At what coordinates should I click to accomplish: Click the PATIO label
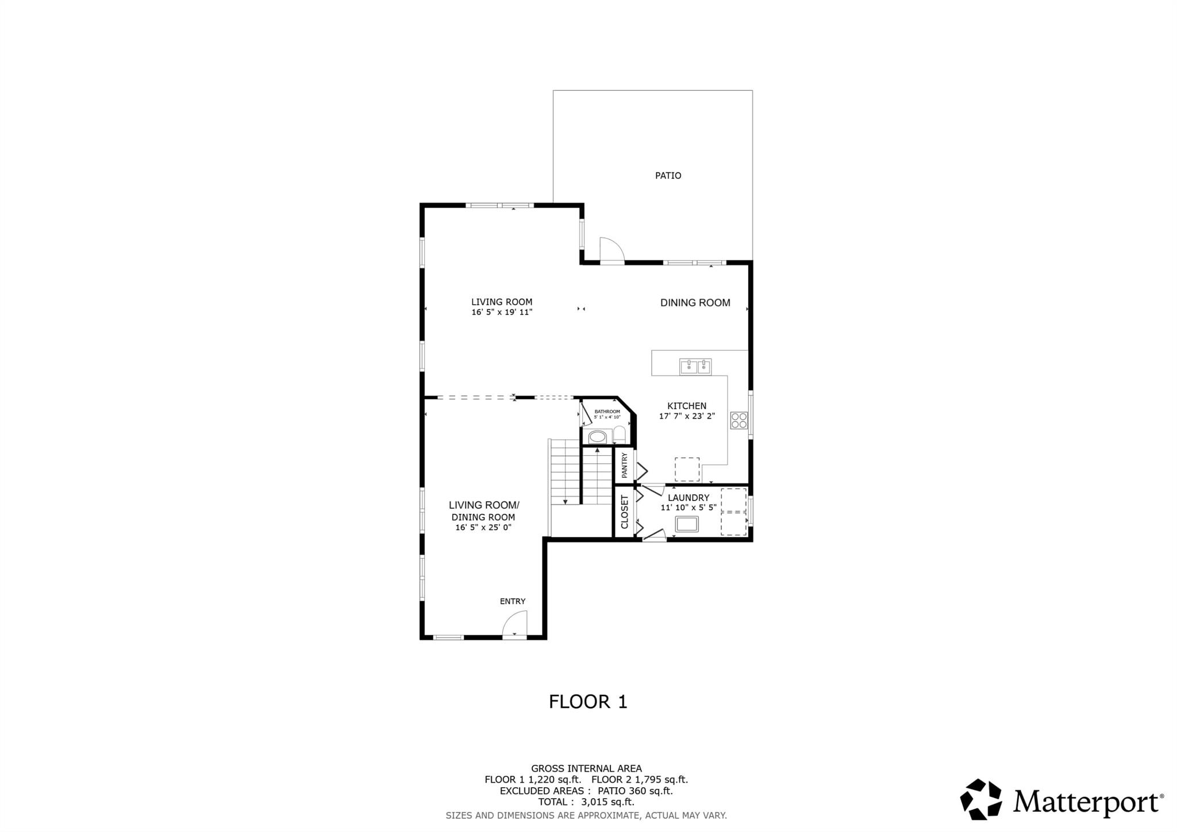coord(668,175)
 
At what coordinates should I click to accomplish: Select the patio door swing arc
coord(612,250)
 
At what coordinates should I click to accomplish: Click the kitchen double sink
coord(695,366)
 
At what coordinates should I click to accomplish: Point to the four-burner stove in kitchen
coord(738,420)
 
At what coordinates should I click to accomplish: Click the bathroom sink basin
coord(597,437)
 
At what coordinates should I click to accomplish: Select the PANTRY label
coord(625,465)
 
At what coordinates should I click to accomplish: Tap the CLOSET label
coord(625,512)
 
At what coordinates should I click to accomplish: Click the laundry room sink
coord(687,524)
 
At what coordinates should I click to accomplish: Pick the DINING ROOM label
coord(695,302)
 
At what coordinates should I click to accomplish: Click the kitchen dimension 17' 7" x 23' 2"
coord(687,416)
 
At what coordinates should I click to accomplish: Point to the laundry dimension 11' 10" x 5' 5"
coord(688,508)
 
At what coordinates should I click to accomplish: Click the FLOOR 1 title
coord(588,701)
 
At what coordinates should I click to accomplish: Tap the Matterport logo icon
coord(980,799)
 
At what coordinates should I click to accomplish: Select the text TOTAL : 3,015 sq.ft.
coord(586,802)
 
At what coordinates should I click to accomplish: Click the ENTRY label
coord(512,601)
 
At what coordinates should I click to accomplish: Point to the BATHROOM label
coord(607,412)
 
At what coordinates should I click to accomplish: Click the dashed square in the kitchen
coord(687,469)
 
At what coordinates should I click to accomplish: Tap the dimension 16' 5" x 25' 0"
coord(483,527)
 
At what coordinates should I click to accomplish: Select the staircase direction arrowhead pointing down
coord(566,502)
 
